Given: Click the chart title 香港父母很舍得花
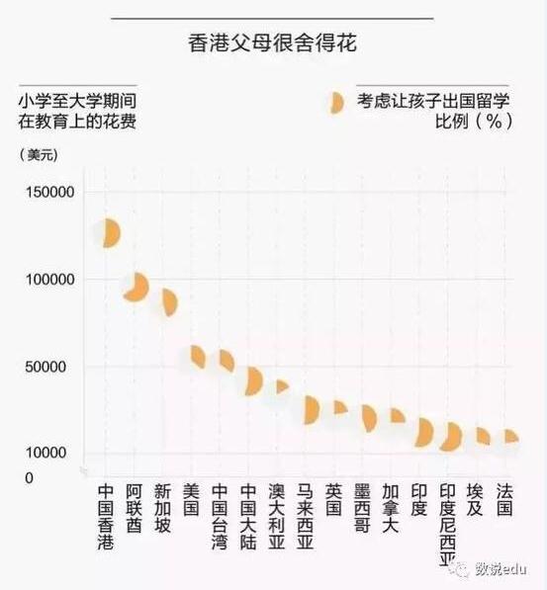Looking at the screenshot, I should (272, 44).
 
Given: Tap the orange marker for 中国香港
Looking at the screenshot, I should (108, 232).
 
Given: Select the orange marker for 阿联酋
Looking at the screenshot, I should (137, 288).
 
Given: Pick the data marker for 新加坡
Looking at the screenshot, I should (168, 303).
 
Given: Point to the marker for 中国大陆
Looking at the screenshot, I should (253, 381).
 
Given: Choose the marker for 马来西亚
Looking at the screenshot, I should (311, 409).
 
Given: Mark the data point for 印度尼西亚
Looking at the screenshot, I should (452, 437).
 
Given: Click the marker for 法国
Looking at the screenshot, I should (510, 436).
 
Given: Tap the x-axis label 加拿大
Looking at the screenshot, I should (391, 508).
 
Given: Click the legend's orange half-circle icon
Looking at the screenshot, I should (335, 103).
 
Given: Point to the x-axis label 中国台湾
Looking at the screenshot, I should (220, 516).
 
